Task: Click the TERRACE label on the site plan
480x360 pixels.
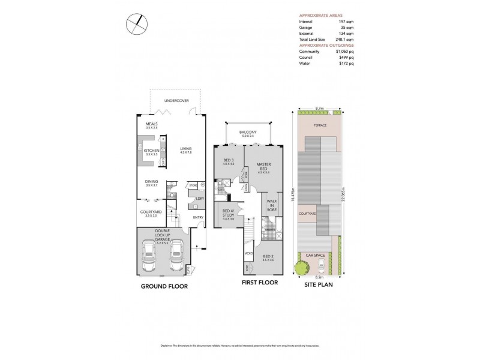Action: [319, 126]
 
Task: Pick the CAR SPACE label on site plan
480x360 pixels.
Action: [316, 256]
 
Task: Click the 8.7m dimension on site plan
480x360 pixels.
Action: [319, 109]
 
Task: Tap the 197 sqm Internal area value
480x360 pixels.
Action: [344, 22]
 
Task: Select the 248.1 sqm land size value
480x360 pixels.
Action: [343, 39]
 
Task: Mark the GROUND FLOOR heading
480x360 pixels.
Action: [164, 286]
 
